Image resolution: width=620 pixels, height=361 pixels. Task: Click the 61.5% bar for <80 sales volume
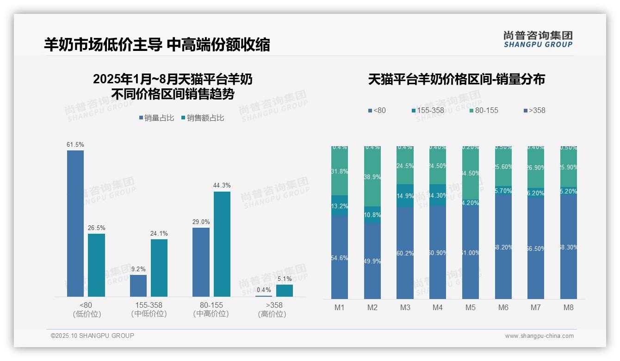(x=75, y=223)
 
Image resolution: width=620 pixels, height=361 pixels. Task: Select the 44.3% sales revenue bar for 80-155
(x=222, y=244)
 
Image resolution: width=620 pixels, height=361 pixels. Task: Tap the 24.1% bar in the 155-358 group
(x=159, y=268)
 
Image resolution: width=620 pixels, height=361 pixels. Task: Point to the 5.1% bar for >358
(x=285, y=290)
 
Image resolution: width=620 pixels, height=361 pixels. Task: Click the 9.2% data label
(x=138, y=269)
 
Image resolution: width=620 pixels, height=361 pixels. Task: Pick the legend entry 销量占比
(x=157, y=118)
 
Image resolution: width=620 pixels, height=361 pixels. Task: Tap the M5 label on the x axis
(x=471, y=307)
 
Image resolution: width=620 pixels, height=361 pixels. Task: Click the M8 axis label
(x=569, y=307)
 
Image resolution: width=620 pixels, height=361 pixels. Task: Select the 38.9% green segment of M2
(x=372, y=176)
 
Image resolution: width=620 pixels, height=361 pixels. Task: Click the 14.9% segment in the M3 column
(x=405, y=196)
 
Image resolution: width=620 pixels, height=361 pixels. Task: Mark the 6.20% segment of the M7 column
(x=536, y=193)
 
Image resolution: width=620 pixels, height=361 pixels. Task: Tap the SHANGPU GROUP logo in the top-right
(x=538, y=39)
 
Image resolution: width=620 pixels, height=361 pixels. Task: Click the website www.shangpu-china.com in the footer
(x=539, y=336)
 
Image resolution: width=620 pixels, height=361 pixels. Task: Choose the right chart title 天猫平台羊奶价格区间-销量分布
(x=456, y=80)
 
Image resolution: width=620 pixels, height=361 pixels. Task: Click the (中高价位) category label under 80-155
(x=211, y=314)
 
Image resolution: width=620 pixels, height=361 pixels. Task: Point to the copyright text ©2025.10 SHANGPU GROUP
(x=93, y=336)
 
